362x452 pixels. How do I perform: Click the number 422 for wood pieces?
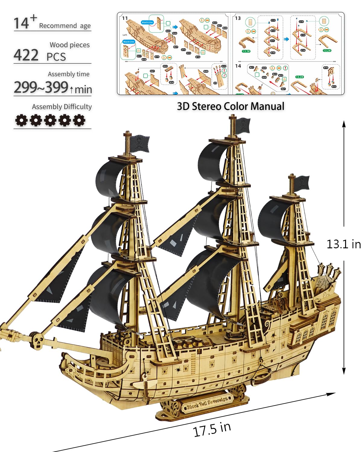pyautogui.click(x=26, y=55)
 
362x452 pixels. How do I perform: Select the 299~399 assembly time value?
pyautogui.click(x=41, y=87)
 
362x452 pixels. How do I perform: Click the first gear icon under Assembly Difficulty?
pyautogui.click(x=21, y=120)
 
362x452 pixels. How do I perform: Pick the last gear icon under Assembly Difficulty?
pyautogui.click(x=79, y=120)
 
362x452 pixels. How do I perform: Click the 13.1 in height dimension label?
pyautogui.click(x=344, y=244)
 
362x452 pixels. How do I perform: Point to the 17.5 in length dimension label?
pyautogui.click(x=212, y=429)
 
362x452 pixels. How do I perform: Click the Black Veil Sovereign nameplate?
pyautogui.click(x=207, y=403)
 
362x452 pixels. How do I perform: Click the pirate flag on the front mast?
pyautogui.click(x=139, y=143)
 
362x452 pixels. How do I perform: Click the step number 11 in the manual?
pyautogui.click(x=125, y=18)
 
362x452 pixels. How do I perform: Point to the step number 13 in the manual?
pyautogui.click(x=238, y=18)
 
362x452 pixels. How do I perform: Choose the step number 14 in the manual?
pyautogui.click(x=238, y=66)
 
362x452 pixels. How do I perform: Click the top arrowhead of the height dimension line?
pyautogui.click(x=344, y=124)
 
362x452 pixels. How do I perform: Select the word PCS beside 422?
pyautogui.click(x=56, y=57)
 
